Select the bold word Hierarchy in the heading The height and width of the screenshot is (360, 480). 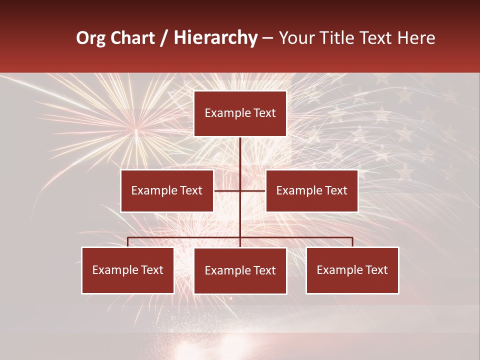pos(215,38)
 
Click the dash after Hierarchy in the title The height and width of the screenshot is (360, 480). pos(267,38)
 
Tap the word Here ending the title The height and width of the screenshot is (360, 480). pos(416,38)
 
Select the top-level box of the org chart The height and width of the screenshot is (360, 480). pos(240,113)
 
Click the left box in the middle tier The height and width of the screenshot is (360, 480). pos(167,190)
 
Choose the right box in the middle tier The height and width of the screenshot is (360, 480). pos(312,190)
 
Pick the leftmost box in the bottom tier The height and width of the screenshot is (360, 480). pos(128,270)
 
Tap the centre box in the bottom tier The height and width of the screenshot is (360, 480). pos(240,270)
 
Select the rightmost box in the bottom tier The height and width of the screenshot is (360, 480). pos(352,270)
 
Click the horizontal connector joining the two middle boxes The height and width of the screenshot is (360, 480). pos(227,190)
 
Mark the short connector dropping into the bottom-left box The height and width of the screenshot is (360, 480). pos(128,242)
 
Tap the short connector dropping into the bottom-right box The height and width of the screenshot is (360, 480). pos(352,242)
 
